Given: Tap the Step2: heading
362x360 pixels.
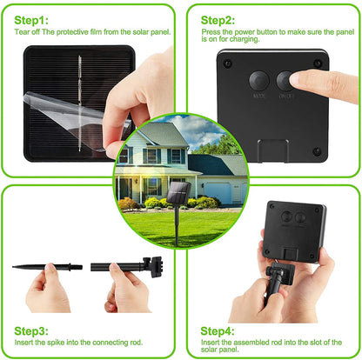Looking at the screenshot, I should pyautogui.click(x=218, y=19).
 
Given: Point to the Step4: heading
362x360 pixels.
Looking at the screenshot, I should pyautogui.click(x=218, y=330).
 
